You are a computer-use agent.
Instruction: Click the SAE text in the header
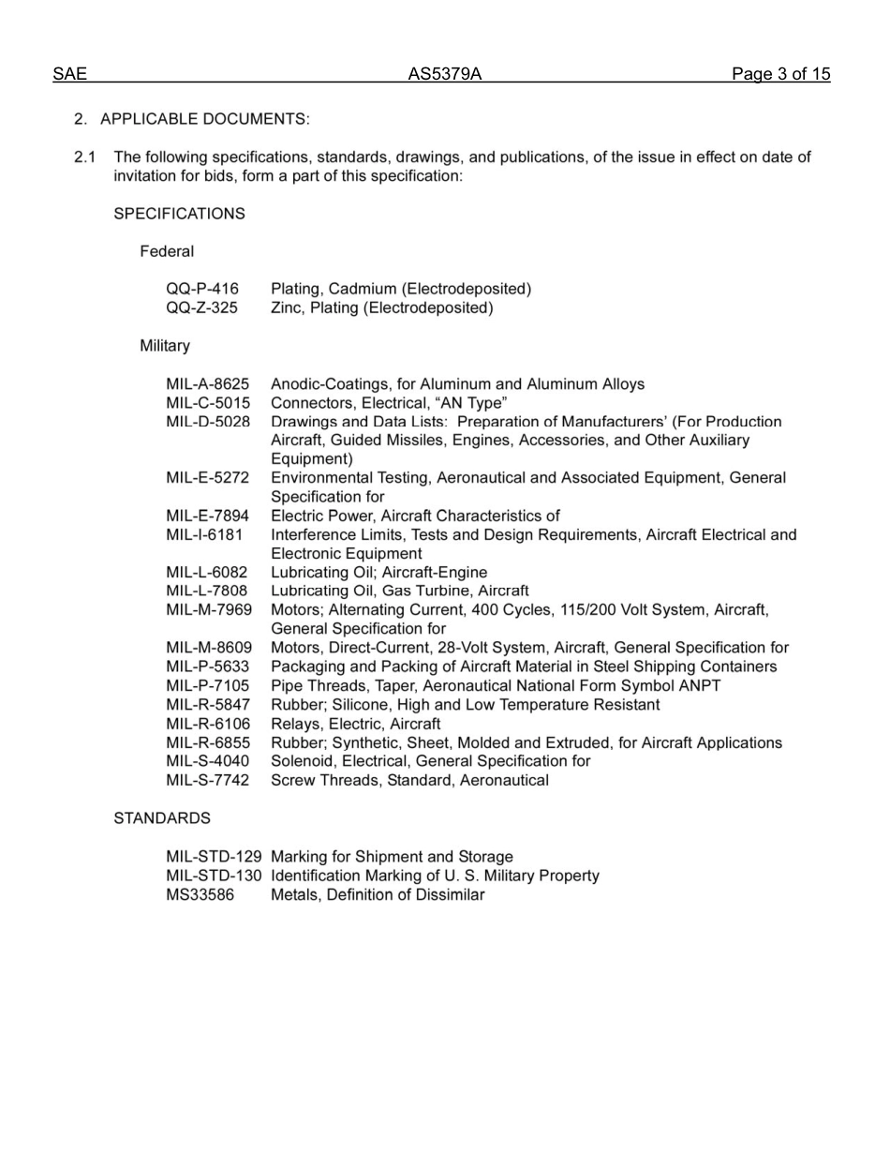click(69, 75)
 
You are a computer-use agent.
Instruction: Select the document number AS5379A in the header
click(444, 75)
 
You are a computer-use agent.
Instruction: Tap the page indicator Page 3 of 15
click(780, 75)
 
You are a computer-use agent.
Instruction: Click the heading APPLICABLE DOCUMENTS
click(204, 119)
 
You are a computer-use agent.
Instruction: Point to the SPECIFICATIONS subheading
click(179, 214)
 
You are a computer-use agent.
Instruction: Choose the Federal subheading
click(167, 251)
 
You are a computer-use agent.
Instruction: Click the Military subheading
click(165, 346)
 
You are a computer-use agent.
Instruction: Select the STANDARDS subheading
click(162, 818)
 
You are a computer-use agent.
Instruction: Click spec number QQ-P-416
click(202, 289)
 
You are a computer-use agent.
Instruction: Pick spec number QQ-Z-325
click(202, 307)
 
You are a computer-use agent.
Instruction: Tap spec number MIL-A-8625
click(208, 384)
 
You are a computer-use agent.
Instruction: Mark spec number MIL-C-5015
click(208, 403)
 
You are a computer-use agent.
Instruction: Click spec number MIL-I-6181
click(204, 534)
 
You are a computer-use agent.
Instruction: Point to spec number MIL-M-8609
click(209, 648)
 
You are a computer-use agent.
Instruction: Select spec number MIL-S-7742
click(208, 780)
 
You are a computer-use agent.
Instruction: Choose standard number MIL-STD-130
click(214, 876)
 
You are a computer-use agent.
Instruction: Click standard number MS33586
click(200, 894)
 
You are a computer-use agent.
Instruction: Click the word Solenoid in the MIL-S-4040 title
click(300, 761)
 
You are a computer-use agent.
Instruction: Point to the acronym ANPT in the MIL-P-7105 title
click(699, 685)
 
